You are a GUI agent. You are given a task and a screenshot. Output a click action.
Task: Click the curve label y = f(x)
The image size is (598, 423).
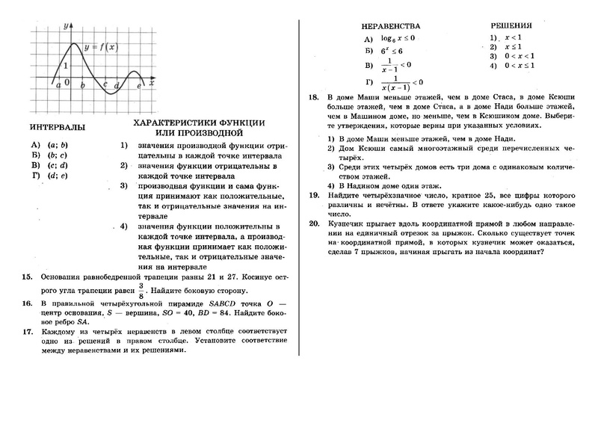[x=101, y=47]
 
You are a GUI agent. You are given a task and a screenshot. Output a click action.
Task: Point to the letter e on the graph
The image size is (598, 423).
[x=140, y=87]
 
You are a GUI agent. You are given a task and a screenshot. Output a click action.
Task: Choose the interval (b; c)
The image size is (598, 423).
[x=53, y=155]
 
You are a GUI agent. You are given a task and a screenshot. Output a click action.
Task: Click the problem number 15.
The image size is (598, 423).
[x=27, y=277]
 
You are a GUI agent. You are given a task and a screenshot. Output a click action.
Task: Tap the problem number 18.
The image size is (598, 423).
[x=313, y=97]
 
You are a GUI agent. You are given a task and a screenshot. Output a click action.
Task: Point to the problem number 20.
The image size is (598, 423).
[x=313, y=223]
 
